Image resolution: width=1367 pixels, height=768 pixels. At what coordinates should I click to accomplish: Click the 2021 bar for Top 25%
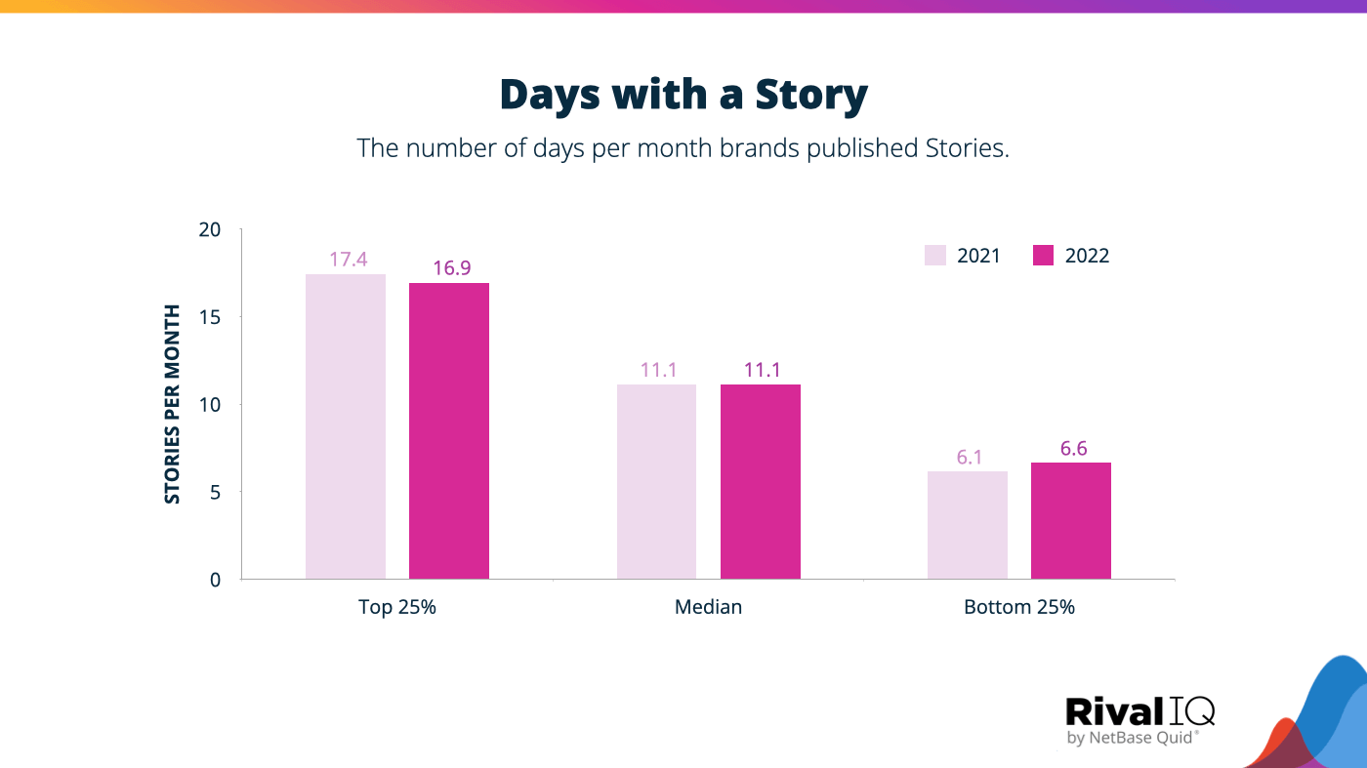click(346, 426)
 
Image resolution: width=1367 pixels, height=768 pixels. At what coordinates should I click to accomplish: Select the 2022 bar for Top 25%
click(449, 430)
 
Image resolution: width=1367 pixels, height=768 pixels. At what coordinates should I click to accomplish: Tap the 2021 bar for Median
click(656, 481)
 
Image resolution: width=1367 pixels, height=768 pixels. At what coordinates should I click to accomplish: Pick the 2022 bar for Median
click(761, 481)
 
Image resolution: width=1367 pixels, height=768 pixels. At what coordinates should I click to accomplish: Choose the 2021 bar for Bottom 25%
click(968, 525)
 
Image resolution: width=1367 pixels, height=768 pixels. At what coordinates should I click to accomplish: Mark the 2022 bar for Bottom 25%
click(1071, 520)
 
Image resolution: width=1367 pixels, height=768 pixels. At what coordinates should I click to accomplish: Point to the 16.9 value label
click(451, 267)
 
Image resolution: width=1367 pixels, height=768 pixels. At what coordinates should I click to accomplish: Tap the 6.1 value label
click(969, 457)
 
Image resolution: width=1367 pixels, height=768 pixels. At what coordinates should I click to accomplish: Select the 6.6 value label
click(1072, 448)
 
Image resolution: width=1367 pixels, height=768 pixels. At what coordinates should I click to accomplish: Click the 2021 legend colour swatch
click(935, 256)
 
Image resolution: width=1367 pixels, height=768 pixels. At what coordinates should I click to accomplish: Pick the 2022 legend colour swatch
click(1044, 256)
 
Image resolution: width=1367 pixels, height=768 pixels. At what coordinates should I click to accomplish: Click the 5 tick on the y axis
click(216, 492)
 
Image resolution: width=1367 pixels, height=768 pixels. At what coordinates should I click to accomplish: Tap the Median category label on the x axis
click(708, 607)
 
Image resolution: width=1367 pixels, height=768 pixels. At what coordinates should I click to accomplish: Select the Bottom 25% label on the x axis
click(1018, 607)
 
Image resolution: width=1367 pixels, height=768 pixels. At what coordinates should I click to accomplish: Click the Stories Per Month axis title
click(173, 404)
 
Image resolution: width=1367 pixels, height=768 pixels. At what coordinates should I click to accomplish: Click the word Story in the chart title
click(810, 95)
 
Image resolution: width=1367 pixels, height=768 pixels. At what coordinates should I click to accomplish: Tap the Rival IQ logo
click(1139, 720)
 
